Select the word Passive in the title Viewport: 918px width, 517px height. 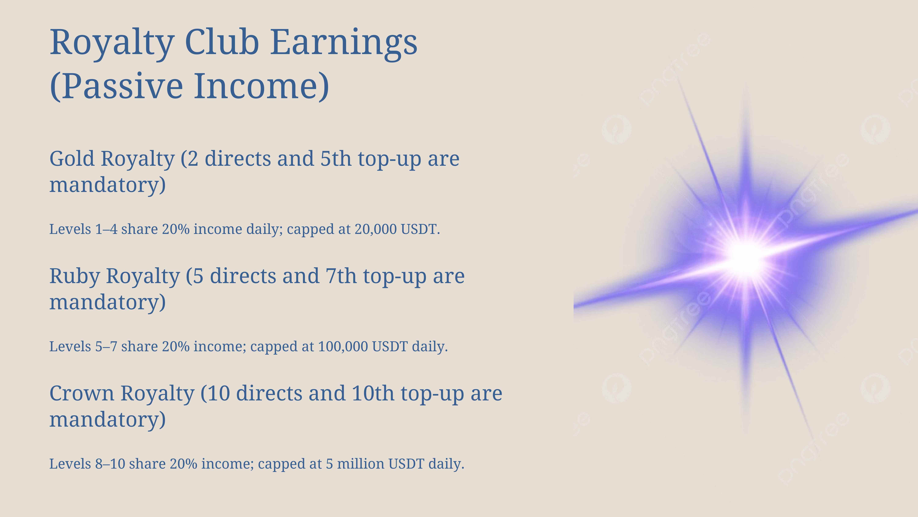pos(117,86)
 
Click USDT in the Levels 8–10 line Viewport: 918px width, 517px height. pos(406,464)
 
